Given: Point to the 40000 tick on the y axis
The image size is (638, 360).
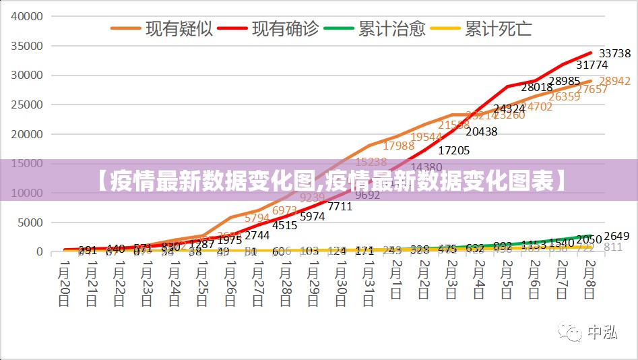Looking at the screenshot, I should click(x=28, y=16).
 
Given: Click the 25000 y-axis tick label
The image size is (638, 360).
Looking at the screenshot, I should click(x=28, y=104).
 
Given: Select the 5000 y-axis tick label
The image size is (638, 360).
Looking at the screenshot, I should click(x=31, y=222).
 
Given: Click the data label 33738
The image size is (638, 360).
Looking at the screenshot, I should click(x=614, y=53).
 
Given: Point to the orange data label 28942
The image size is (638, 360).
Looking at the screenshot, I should click(x=614, y=81).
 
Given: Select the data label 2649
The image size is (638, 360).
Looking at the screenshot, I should click(x=616, y=236).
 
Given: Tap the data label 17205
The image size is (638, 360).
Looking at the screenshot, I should click(x=453, y=150).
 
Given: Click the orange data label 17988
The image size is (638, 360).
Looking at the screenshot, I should click(x=399, y=146).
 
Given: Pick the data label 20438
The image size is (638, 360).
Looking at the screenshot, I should click(x=481, y=131).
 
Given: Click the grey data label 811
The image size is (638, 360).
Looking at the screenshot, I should click(x=613, y=247).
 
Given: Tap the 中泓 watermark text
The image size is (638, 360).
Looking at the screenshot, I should click(x=602, y=333).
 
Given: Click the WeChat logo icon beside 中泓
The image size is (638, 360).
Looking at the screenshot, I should click(x=573, y=333).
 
